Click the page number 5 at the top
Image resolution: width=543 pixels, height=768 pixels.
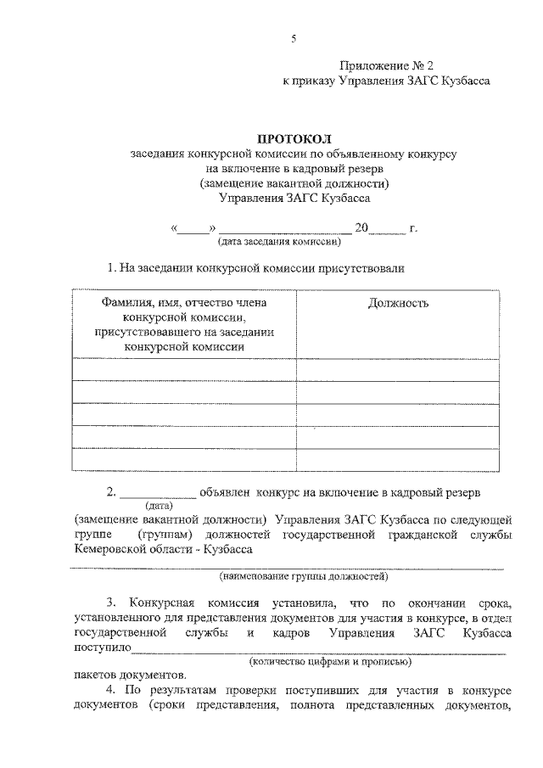(293, 38)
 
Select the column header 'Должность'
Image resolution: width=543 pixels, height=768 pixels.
(399, 303)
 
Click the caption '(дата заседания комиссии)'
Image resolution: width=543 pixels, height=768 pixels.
(280, 241)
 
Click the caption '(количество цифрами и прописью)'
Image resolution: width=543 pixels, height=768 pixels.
(330, 660)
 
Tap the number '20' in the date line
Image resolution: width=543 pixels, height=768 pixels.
(362, 227)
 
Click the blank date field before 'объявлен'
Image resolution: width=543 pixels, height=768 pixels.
(159, 492)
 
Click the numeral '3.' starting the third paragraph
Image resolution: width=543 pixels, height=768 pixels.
(110, 603)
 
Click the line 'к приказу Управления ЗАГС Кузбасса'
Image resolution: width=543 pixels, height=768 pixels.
(386, 81)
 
